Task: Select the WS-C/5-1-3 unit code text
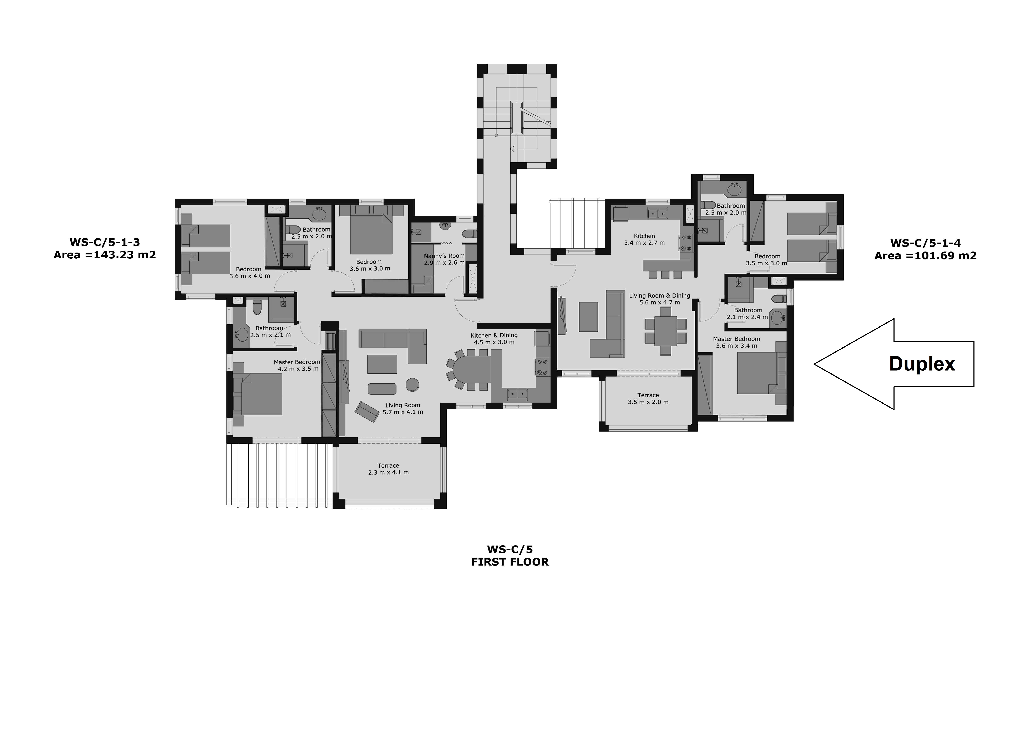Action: pyautogui.click(x=104, y=242)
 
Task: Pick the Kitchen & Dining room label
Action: pyautogui.click(x=494, y=335)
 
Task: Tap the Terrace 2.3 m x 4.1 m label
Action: pyautogui.click(x=388, y=469)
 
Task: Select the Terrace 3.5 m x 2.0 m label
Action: pyautogui.click(x=648, y=398)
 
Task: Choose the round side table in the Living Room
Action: pyautogui.click(x=412, y=385)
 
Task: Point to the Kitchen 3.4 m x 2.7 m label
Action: pyautogui.click(x=644, y=239)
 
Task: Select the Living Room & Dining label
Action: pyautogui.click(x=659, y=296)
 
